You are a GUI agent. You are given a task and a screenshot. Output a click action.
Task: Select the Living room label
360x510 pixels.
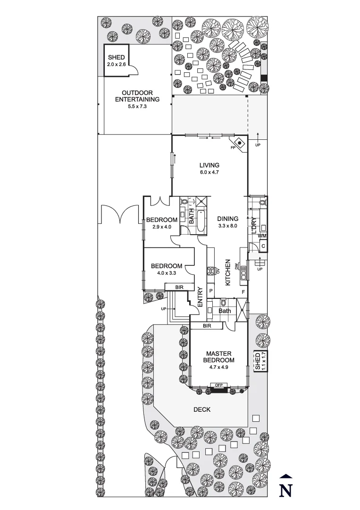(209, 169)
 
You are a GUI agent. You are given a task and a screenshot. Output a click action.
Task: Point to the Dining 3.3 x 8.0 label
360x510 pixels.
(228, 222)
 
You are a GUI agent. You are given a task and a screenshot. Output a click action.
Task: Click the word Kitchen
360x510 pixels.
(227, 272)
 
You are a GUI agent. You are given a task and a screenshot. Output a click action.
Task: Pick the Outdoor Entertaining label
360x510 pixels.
(137, 100)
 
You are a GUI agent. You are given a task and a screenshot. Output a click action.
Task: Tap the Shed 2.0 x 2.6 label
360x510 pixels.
(117, 60)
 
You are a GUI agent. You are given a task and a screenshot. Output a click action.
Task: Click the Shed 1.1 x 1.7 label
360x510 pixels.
(260, 361)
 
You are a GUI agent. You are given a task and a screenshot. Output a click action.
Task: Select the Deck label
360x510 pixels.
(201, 410)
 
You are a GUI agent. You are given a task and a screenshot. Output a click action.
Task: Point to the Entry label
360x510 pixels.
(200, 297)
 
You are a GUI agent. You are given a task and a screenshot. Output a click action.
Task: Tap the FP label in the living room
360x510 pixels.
(233, 148)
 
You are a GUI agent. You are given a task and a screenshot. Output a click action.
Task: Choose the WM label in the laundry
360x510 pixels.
(262, 236)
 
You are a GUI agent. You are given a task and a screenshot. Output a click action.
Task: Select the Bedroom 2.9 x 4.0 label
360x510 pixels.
(161, 223)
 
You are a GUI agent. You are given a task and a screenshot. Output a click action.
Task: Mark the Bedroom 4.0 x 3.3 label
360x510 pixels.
(166, 269)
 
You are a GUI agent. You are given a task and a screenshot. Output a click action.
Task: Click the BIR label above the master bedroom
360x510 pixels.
(207, 326)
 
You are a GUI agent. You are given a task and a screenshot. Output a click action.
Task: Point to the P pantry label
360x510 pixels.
(210, 291)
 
